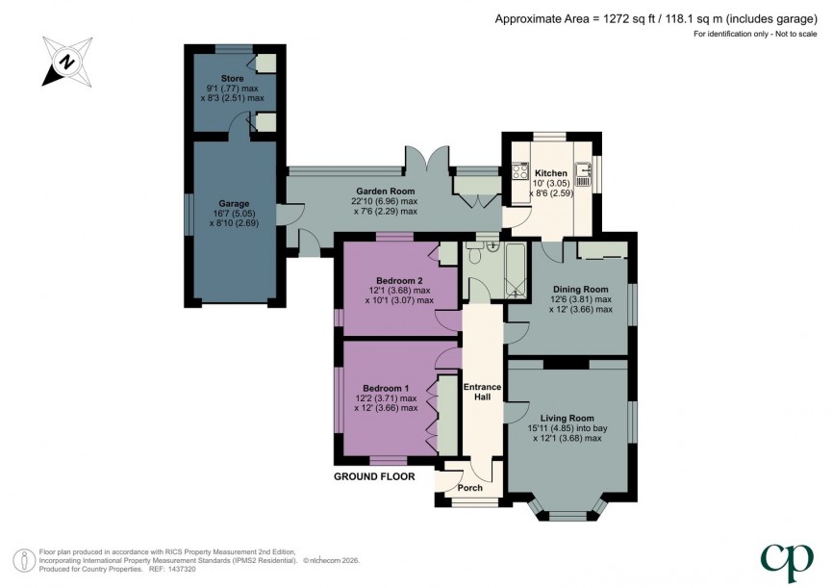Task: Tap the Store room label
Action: (233, 78)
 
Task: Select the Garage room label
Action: (234, 204)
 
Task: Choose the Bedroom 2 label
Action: (396, 281)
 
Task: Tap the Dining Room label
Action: (582, 290)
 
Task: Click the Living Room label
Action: (567, 418)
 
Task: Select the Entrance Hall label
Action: (483, 393)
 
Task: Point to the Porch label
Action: (469, 487)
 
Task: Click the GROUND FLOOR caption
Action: (374, 476)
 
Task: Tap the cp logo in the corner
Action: (786, 558)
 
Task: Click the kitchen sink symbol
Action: (591, 175)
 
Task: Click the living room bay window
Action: (567, 511)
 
